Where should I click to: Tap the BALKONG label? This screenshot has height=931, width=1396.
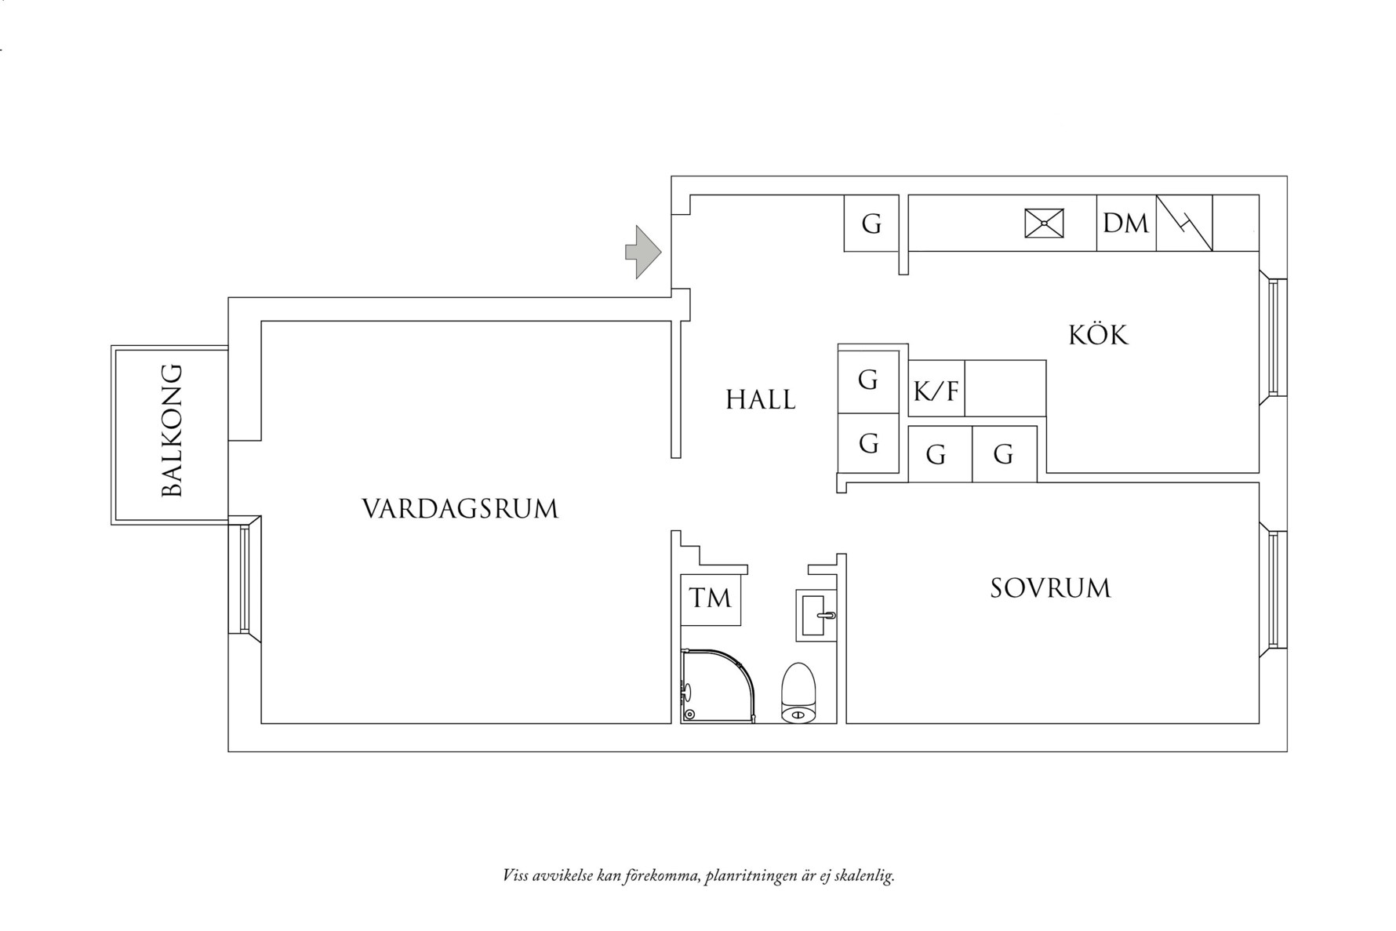coord(171,431)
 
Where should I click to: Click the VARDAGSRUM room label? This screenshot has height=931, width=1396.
coord(460,509)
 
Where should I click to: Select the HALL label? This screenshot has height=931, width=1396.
coord(760,400)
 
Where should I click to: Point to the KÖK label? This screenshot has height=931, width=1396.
coord(1097,336)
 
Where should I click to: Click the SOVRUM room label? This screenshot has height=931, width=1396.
coord(1049,588)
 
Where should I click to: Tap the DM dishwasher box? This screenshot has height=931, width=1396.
coord(1125,224)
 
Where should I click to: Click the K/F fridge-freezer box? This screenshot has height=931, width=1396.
coord(936,389)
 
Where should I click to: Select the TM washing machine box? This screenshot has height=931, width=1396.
coord(711,599)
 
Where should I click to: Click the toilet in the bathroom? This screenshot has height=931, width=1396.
coord(800,693)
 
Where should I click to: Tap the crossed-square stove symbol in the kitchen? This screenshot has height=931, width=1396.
coord(1045,223)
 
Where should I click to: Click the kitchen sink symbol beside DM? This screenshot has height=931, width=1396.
coord(1184,224)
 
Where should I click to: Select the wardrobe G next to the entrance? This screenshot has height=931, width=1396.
coord(871,224)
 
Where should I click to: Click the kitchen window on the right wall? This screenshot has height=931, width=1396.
coord(1273,337)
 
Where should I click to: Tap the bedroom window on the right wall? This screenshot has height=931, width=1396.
coord(1273,590)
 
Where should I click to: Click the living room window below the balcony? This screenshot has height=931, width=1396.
coord(244,579)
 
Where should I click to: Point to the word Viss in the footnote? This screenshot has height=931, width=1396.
coord(514,875)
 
